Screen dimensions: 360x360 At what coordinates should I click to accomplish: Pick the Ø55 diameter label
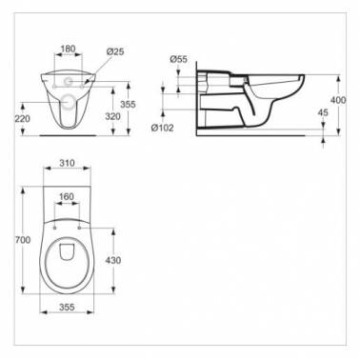point(178,59)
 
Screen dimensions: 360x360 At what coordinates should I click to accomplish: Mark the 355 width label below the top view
point(65,308)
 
